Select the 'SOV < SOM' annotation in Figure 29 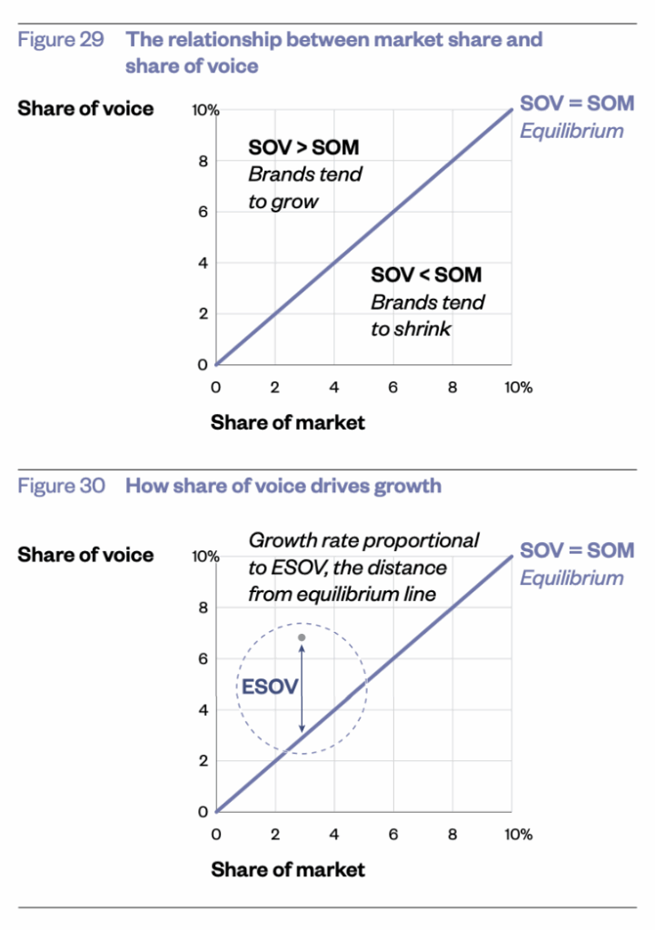point(426,275)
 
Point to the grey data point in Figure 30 point(302,638)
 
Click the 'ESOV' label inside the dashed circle point(269,688)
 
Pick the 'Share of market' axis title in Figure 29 point(288,422)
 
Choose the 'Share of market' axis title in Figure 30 point(288,869)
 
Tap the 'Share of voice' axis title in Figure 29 point(85,109)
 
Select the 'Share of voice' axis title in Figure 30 point(85,555)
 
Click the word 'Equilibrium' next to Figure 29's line point(571,131)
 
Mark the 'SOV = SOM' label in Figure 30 point(577,550)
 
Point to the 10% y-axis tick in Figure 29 point(204,111)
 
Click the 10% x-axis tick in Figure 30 point(518,834)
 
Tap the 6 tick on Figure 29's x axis point(393,387)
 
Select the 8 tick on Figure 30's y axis point(204,608)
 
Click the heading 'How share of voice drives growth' point(283,486)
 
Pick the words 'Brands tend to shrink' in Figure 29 point(427,315)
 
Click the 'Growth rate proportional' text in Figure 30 point(363,541)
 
